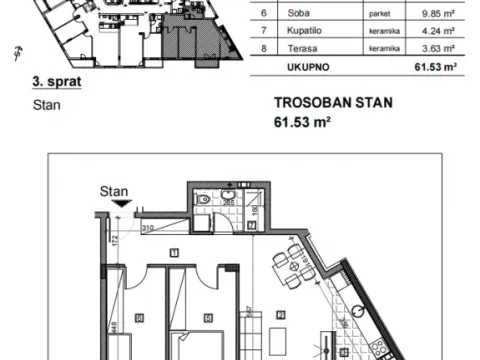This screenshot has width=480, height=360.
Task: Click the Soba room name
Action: [x=298, y=13]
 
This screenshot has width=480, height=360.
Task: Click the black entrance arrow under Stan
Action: [x=122, y=204]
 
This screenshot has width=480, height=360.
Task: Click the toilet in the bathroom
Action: [x=204, y=200]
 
